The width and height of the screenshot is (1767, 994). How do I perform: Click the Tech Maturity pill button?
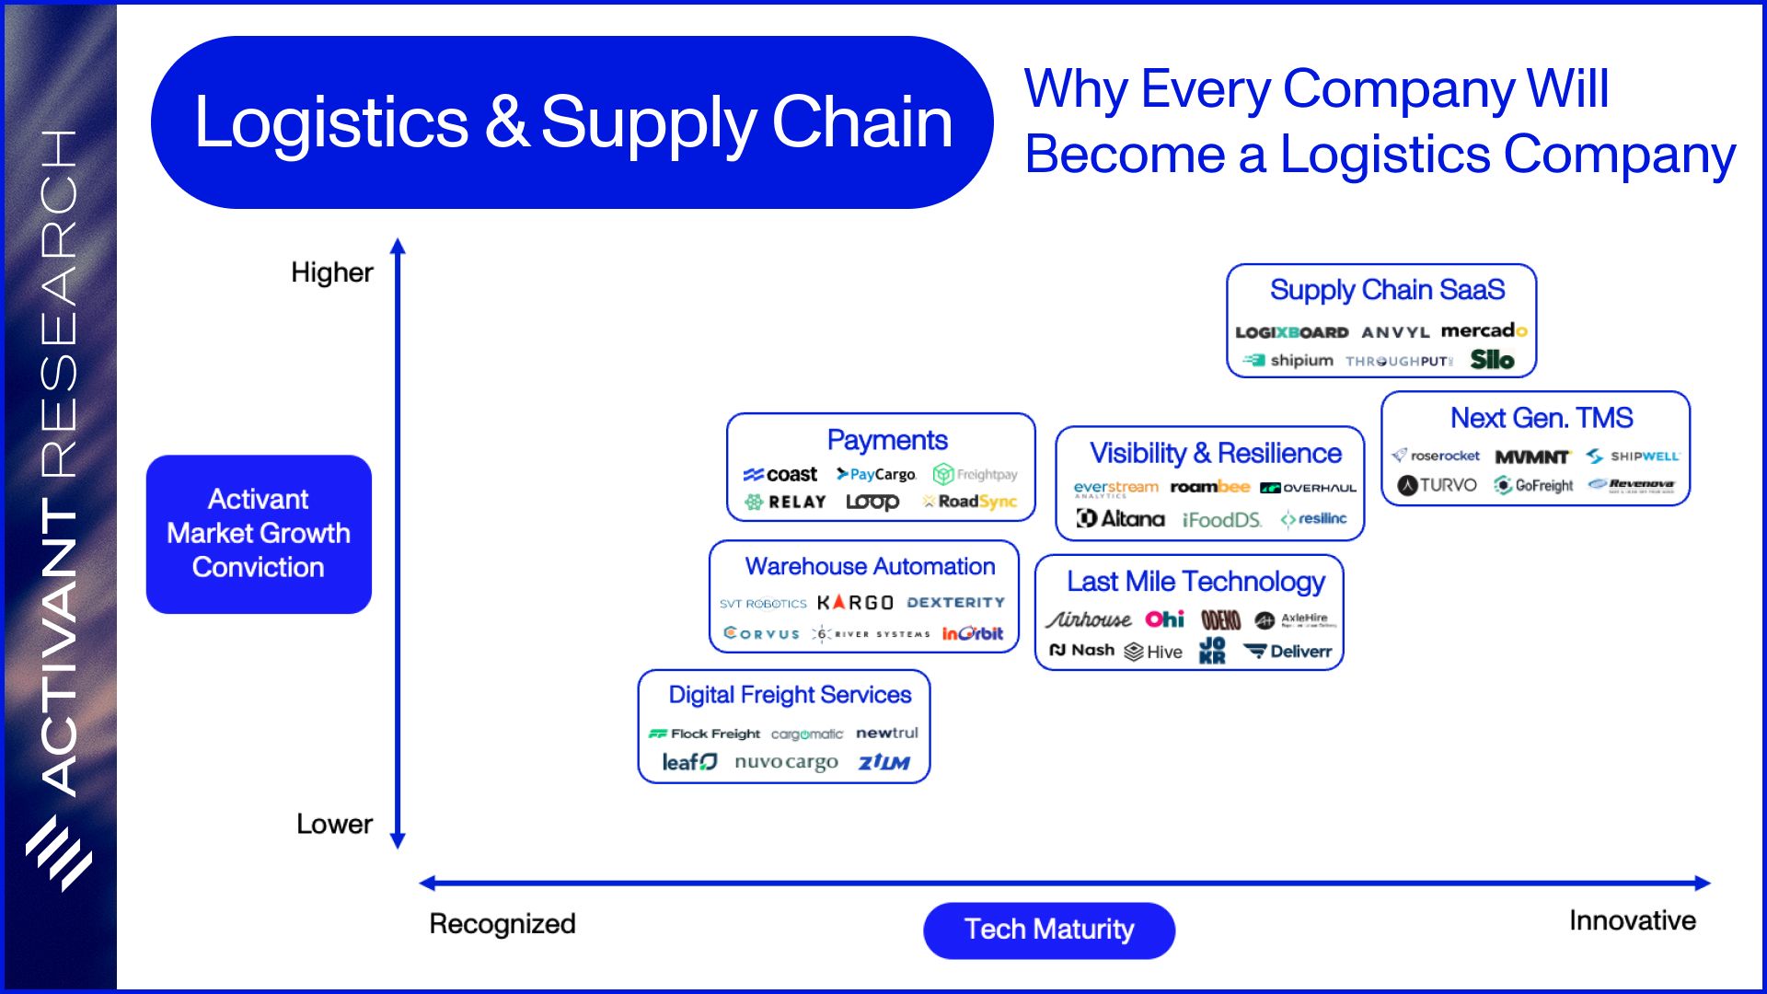coord(1049,930)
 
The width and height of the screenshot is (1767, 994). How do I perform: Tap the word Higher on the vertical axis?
coord(331,272)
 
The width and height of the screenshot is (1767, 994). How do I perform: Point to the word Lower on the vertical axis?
coord(334,824)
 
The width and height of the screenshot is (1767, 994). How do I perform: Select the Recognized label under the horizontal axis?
coord(502,923)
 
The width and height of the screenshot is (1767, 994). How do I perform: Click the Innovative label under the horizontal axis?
coord(1632,920)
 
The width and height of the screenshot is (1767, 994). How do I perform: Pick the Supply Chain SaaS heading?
coord(1387,290)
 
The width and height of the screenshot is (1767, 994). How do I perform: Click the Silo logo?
coord(1492,360)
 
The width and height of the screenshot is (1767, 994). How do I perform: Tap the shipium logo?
coord(1288,360)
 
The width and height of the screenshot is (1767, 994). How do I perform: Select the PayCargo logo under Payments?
coord(876,474)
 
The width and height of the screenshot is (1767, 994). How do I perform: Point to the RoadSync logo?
coord(970,502)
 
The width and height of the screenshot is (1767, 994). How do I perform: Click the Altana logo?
coord(1121,519)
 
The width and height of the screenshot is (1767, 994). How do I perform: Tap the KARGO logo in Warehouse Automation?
coord(855,603)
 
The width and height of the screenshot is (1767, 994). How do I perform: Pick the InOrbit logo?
coord(972,633)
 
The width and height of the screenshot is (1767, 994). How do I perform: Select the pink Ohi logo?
coord(1164,619)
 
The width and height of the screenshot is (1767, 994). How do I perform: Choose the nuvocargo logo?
coord(786,762)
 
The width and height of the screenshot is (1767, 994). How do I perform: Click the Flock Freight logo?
coord(705,734)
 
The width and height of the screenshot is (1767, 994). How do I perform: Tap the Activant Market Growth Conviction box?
coord(259,534)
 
